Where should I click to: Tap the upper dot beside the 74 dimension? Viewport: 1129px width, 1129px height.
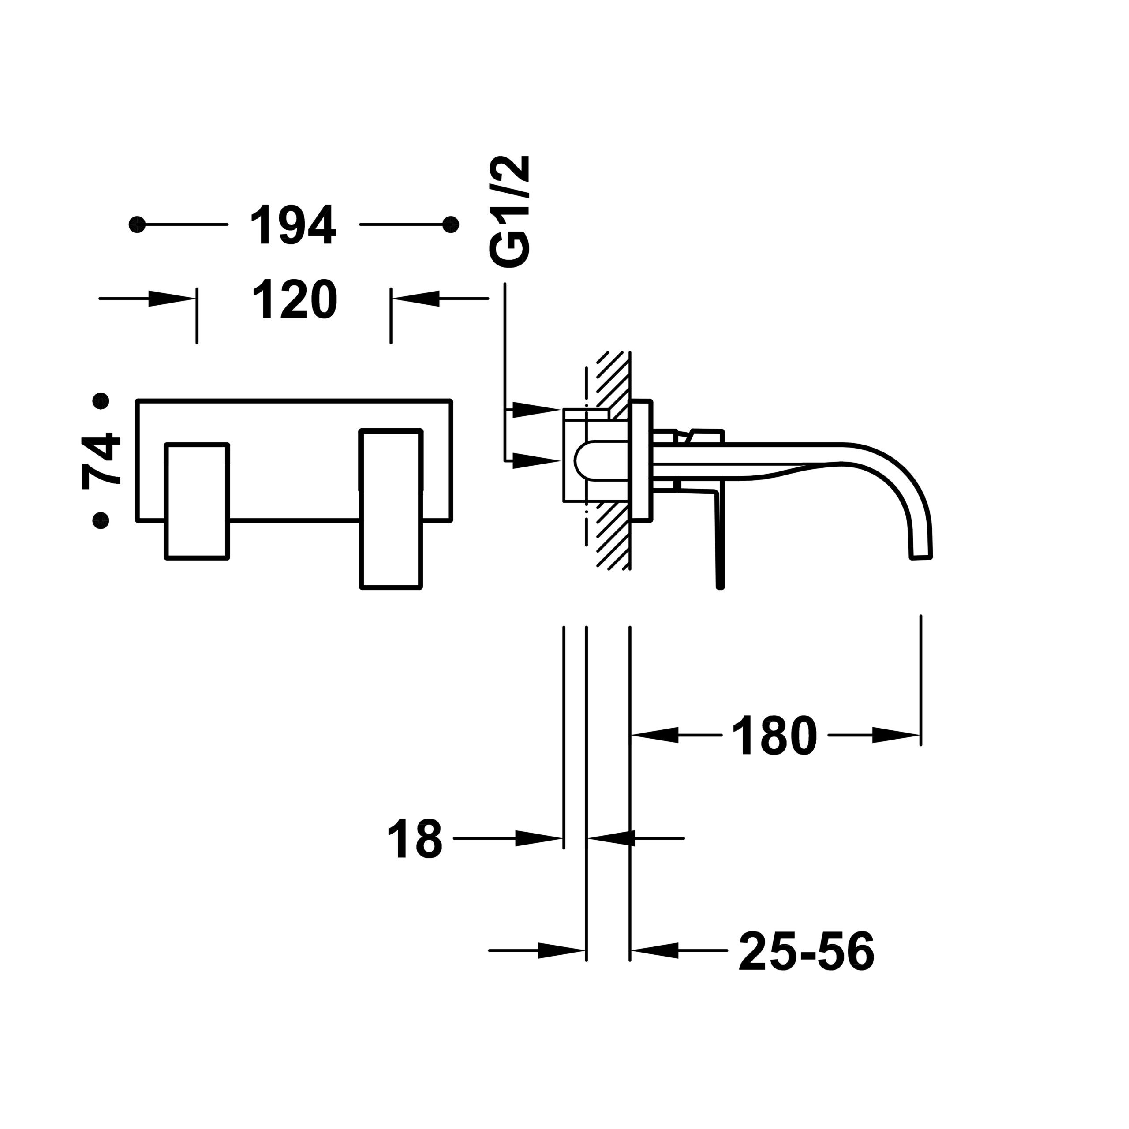[101, 401]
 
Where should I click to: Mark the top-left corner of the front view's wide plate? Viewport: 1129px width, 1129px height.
[137, 400]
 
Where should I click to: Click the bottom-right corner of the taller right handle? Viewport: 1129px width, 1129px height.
[421, 588]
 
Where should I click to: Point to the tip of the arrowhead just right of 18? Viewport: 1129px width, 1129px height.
[563, 838]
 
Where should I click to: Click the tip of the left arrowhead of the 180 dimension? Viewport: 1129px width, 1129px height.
[631, 735]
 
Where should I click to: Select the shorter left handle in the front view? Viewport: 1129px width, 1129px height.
[197, 501]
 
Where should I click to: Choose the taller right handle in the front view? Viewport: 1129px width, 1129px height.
[391, 509]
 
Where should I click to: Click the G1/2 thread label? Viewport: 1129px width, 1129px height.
[509, 212]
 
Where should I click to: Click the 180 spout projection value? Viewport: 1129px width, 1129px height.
[774, 736]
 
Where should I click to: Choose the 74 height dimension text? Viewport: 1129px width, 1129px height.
[101, 460]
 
